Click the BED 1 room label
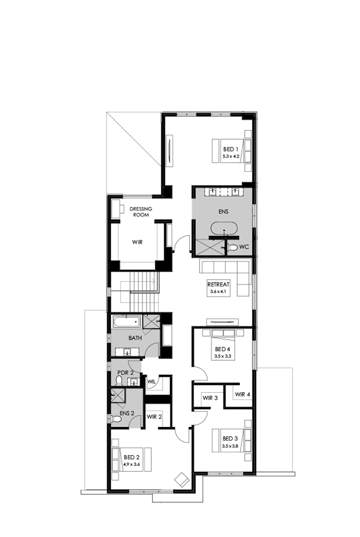229,149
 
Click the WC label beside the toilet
244,247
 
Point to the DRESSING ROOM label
139,212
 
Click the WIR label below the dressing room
137,241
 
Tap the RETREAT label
218,285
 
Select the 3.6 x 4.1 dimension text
218,291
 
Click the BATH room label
135,338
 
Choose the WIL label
152,382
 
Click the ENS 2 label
127,413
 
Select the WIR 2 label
154,417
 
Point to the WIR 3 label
210,398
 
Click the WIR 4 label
243,395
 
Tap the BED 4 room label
223,349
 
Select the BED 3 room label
230,438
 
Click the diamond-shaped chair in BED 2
182,479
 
